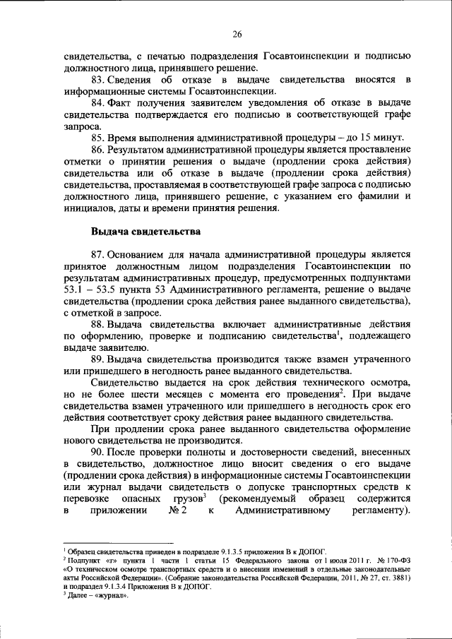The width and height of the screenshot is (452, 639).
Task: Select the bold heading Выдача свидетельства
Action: point(146,231)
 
